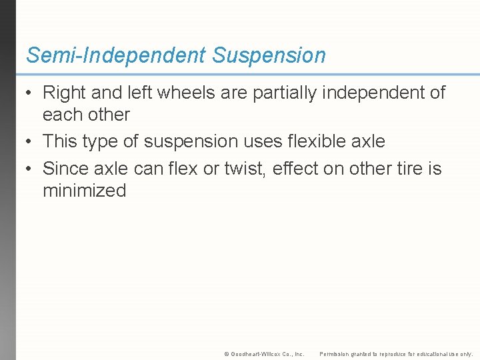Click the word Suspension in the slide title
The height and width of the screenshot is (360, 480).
(x=269, y=55)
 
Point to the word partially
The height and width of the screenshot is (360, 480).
(x=285, y=93)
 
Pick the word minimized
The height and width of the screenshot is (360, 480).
(x=84, y=191)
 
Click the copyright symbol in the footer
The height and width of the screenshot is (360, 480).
(x=227, y=354)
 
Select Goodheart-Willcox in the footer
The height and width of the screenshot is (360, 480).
(x=256, y=354)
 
